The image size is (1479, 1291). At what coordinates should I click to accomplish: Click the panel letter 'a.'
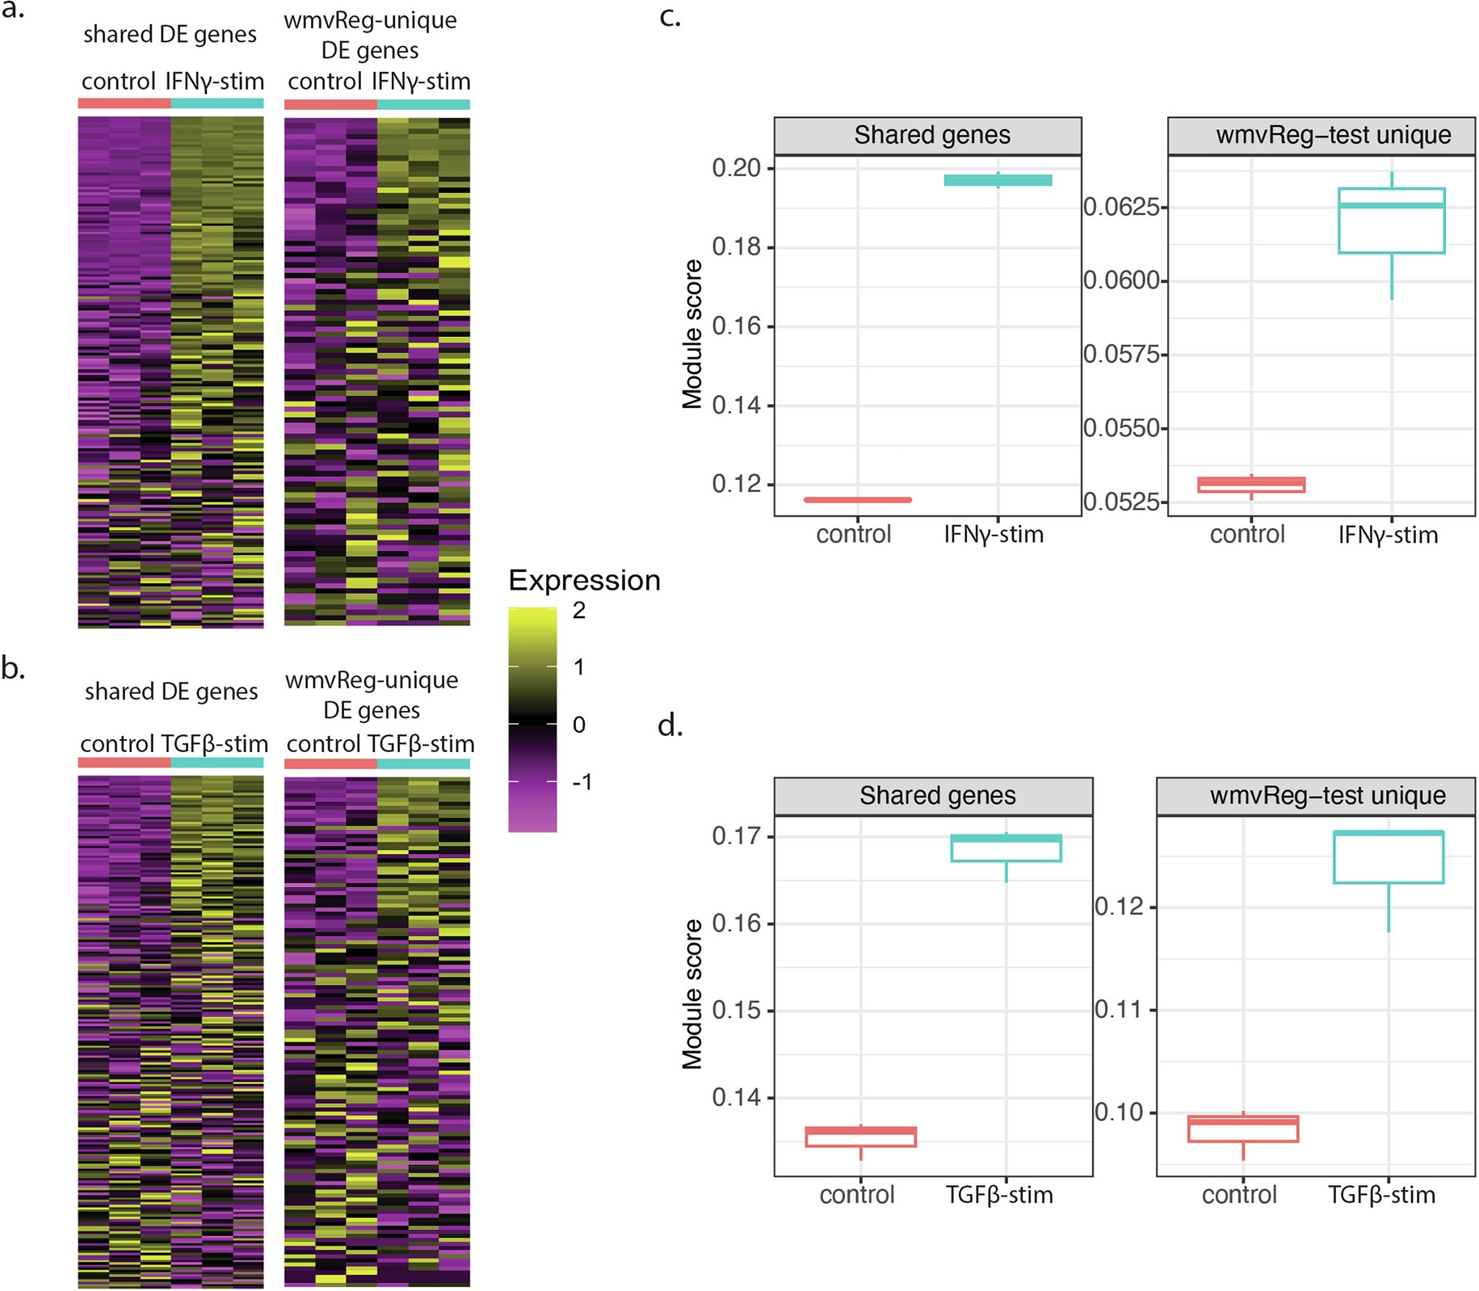12,11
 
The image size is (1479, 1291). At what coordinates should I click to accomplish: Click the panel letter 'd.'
670,726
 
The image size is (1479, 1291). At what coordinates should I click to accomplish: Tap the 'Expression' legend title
584,580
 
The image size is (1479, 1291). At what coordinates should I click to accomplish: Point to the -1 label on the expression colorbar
582,782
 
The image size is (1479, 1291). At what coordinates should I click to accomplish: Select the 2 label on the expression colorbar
579,612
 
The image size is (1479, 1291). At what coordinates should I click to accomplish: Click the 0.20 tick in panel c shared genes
736,168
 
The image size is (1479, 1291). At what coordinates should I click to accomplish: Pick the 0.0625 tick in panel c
1121,208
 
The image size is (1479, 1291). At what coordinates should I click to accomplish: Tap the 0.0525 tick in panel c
1121,503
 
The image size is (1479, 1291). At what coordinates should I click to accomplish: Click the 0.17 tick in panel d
736,836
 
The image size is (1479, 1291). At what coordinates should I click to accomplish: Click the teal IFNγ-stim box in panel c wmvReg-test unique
1391,221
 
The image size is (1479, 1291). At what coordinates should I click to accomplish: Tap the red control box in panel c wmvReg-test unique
1251,485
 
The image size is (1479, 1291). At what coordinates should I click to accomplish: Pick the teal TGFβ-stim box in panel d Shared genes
1006,848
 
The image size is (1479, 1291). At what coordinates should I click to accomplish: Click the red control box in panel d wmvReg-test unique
1242,1129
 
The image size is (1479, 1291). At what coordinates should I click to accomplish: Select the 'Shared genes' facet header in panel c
931,135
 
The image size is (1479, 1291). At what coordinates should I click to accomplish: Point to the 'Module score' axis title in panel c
692,334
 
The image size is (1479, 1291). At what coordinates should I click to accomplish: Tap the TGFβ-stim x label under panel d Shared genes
999,1195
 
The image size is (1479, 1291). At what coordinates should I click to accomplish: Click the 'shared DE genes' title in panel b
171,692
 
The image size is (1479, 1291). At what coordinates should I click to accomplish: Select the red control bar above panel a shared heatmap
124,103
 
